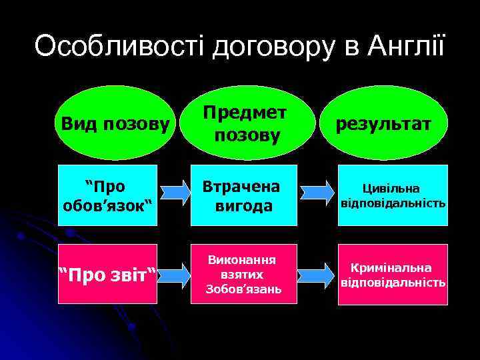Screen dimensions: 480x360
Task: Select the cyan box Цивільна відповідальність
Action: click(393, 195)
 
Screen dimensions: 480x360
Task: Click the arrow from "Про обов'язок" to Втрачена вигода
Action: click(177, 193)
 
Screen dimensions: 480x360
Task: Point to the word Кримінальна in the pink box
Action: click(393, 267)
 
